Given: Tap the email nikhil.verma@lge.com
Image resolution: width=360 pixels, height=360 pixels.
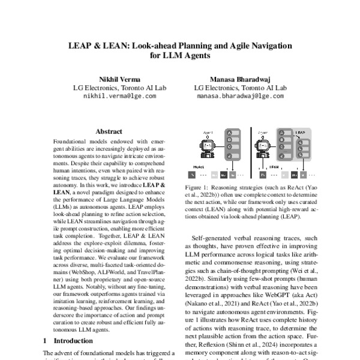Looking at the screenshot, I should tap(119, 95).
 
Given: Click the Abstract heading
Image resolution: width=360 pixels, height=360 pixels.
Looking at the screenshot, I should tap(109, 131).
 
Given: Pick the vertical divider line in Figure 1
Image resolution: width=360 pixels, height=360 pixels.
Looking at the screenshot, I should tap(248, 153).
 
